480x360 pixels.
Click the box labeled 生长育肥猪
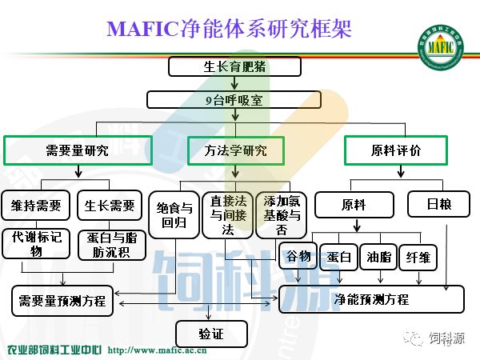tap(234, 66)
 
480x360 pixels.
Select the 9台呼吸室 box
tap(234, 100)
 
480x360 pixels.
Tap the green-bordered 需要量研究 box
tap(77, 150)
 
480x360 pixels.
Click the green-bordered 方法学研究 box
tap(235, 150)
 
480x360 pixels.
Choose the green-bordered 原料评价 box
tap(395, 150)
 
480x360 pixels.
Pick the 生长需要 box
tap(111, 206)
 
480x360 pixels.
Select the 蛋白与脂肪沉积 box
tap(111, 244)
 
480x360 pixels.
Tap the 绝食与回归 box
tap(172, 214)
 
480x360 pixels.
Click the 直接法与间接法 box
tap(226, 214)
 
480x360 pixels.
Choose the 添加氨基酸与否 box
tap(282, 214)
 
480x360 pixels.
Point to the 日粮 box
tap(439, 205)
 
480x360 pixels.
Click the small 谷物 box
tap(298, 257)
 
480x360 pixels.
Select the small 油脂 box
tap(378, 257)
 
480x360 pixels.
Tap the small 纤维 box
tap(418, 257)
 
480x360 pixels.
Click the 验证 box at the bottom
tap(211, 333)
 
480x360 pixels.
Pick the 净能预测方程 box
tap(371, 299)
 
